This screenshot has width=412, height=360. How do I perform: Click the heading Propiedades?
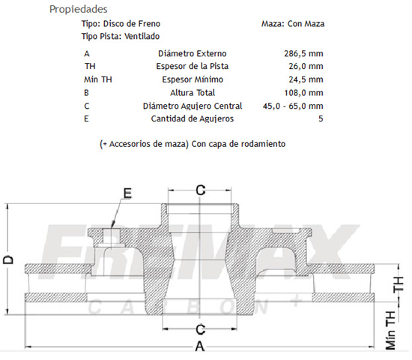pyautogui.click(x=76, y=10)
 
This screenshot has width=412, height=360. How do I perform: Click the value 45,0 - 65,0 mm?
pyautogui.click(x=293, y=106)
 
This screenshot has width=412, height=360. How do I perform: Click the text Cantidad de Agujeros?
pyautogui.click(x=192, y=118)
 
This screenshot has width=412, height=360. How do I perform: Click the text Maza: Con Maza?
pyautogui.click(x=293, y=24)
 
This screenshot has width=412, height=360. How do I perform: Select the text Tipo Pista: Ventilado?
pyautogui.click(x=120, y=36)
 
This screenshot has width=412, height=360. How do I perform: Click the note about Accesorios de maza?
pyautogui.click(x=192, y=142)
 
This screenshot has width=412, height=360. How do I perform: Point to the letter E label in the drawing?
pyautogui.click(x=127, y=193)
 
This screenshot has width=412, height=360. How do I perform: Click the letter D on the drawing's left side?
pyautogui.click(x=8, y=259)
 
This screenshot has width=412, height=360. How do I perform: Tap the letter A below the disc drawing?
pyautogui.click(x=199, y=346)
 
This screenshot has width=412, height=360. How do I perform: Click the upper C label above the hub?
pyautogui.click(x=200, y=190)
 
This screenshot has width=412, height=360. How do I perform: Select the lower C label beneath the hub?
pyautogui.click(x=200, y=329)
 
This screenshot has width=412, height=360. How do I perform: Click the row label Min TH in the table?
pyautogui.click(x=97, y=79)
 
